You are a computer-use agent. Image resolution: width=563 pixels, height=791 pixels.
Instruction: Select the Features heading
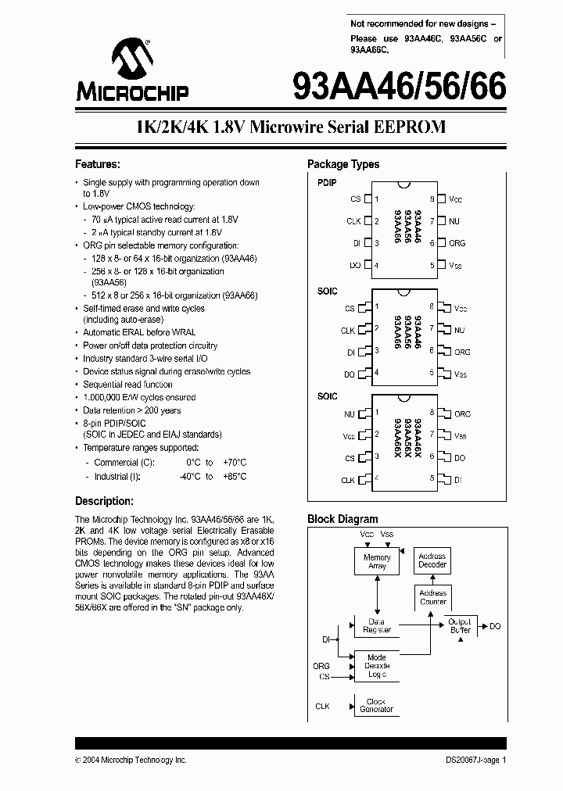pyautogui.click(x=97, y=164)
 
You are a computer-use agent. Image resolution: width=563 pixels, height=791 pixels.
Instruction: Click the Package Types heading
pyautogui.click(x=342, y=164)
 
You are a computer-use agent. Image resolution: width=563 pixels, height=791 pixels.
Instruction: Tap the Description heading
pyautogui.click(x=104, y=501)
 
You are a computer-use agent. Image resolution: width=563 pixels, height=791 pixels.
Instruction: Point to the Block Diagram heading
pyautogui.click(x=342, y=519)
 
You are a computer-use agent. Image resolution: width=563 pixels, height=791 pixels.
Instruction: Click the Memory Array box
pyautogui.click(x=377, y=562)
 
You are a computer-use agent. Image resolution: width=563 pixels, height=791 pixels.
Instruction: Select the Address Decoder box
pyautogui.click(x=432, y=560)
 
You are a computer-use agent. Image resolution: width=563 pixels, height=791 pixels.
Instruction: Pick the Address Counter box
pyautogui.click(x=432, y=598)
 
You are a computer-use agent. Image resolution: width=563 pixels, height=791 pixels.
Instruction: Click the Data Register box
pyautogui.click(x=377, y=625)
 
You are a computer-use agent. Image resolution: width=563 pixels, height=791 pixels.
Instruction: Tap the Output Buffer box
pyautogui.click(x=460, y=625)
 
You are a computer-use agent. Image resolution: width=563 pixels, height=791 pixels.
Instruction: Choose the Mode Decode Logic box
pyautogui.click(x=377, y=665)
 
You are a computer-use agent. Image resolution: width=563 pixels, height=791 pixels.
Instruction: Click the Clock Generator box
pyautogui.click(x=377, y=706)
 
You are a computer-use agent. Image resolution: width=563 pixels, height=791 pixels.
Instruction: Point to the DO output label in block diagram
pyautogui.click(x=495, y=626)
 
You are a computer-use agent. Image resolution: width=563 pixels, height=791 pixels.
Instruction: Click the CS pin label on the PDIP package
pyautogui.click(x=356, y=199)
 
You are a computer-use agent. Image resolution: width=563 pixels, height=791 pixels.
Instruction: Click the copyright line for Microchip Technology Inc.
pyautogui.click(x=131, y=760)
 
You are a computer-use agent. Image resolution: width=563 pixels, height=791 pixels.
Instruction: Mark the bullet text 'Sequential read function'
pyautogui.click(x=128, y=385)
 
